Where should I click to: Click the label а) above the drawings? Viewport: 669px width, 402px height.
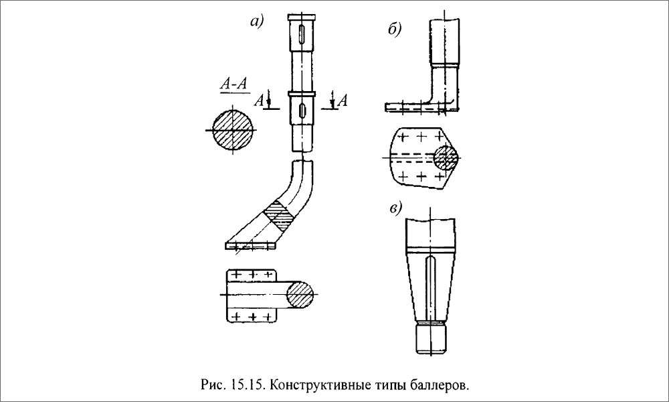[x=257, y=23]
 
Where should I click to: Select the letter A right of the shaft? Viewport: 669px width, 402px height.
[x=342, y=100]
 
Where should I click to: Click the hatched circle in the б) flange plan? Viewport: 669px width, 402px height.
[x=445, y=157]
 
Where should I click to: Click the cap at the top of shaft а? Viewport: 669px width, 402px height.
[x=303, y=17]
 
